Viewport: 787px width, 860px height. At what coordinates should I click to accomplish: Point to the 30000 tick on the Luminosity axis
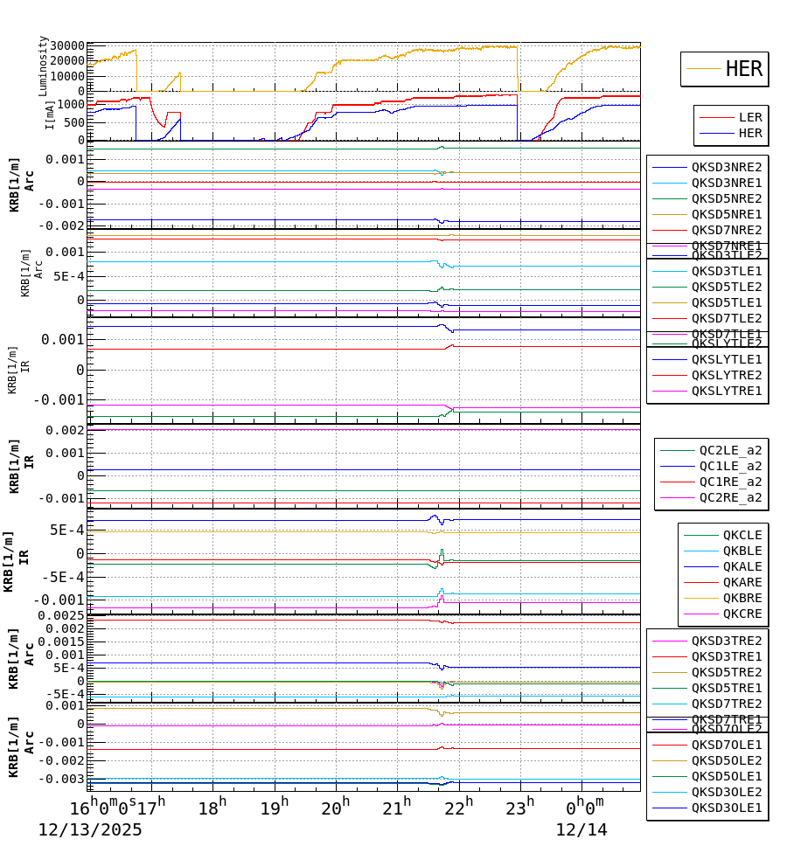coord(67,46)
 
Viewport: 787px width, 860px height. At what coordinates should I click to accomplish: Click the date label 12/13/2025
coord(89,830)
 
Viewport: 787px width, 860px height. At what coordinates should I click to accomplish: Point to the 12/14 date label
coord(582,830)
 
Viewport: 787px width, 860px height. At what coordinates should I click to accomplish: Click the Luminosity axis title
coord(43,66)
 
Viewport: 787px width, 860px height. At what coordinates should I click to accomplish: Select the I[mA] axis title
coord(50,114)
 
